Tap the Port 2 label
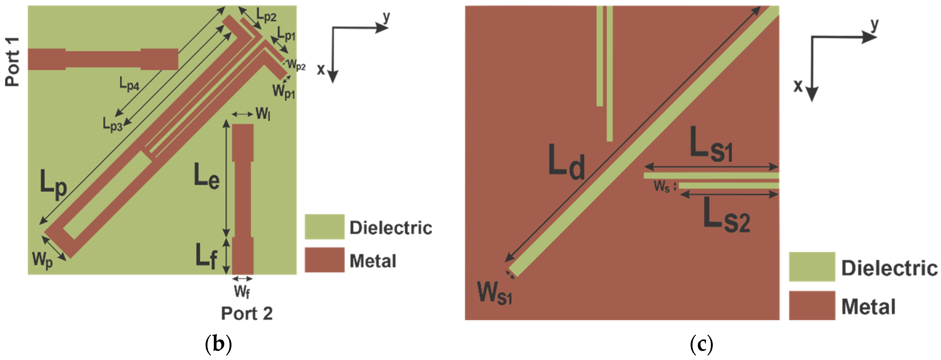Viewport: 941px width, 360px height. (247, 314)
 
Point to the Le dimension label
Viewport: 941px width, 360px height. (207, 176)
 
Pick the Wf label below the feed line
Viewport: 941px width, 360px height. (242, 292)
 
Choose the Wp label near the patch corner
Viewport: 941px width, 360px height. (43, 260)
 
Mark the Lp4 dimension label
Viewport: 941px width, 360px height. (129, 84)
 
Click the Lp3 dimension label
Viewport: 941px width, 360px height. (112, 124)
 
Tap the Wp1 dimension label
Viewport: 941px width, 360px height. (283, 91)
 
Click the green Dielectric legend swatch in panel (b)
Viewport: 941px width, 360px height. (325, 227)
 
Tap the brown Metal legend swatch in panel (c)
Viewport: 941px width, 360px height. (812, 305)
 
